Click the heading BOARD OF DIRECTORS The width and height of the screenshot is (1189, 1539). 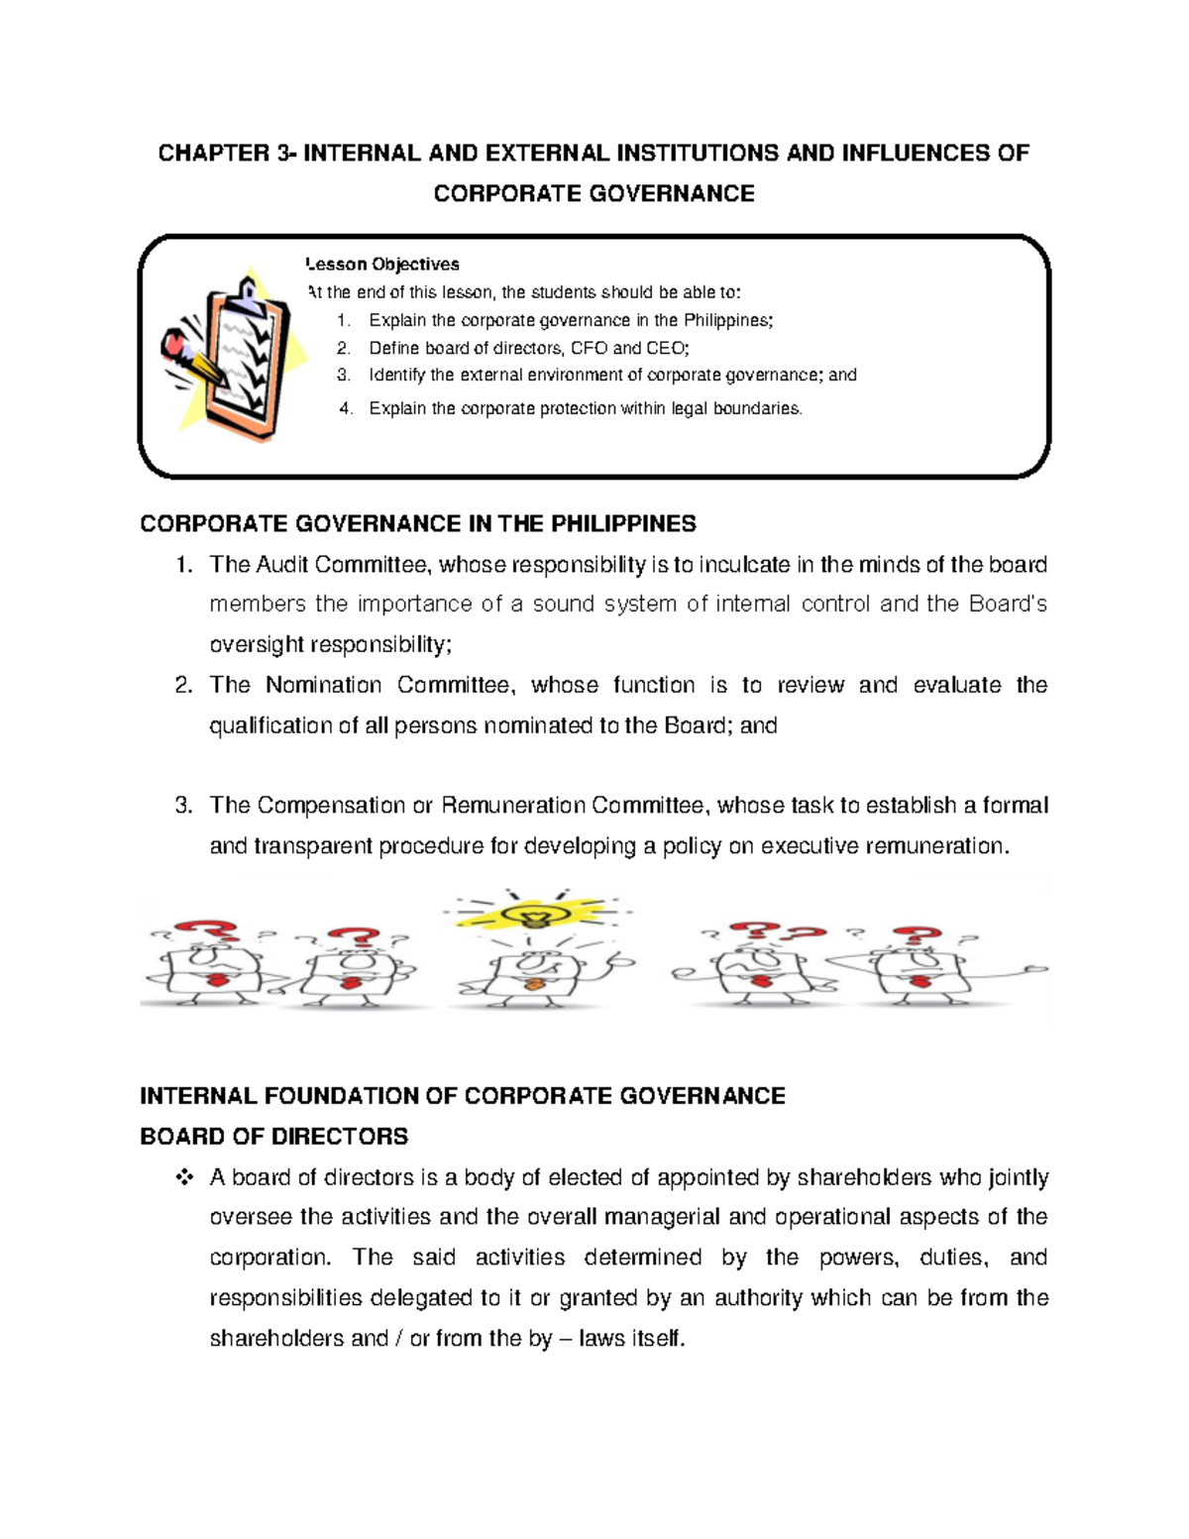click(x=273, y=1136)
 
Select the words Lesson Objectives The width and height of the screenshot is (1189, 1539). click(x=383, y=265)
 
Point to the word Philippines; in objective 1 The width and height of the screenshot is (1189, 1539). click(x=728, y=320)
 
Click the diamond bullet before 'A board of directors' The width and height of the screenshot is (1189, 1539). click(x=183, y=1177)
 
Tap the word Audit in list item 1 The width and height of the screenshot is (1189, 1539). click(x=281, y=565)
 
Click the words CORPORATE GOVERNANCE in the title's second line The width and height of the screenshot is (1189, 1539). click(x=594, y=193)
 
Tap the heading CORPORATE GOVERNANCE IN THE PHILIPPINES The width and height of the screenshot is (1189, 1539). click(x=417, y=523)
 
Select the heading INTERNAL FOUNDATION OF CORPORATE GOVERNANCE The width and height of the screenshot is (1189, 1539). click(x=462, y=1095)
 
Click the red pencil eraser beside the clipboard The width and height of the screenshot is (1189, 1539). click(x=175, y=345)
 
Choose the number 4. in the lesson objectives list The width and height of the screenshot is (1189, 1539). click(x=346, y=408)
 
